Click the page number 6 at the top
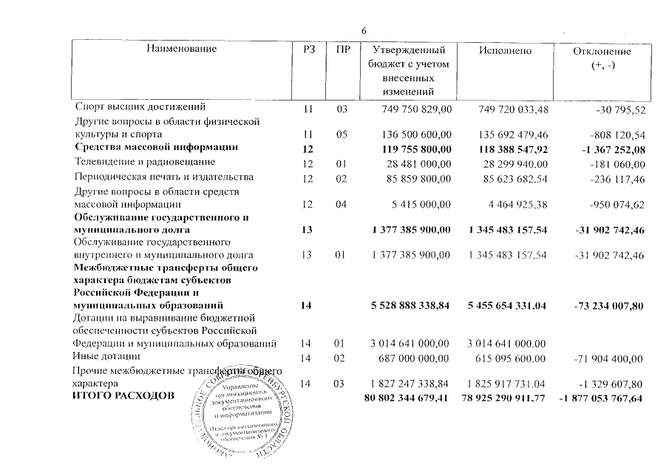point(363,30)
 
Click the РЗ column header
point(309,50)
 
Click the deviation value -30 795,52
point(620,109)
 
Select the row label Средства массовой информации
point(156,148)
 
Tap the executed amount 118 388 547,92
point(508,149)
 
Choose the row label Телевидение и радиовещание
point(144,162)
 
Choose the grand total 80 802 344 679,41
point(407,398)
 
